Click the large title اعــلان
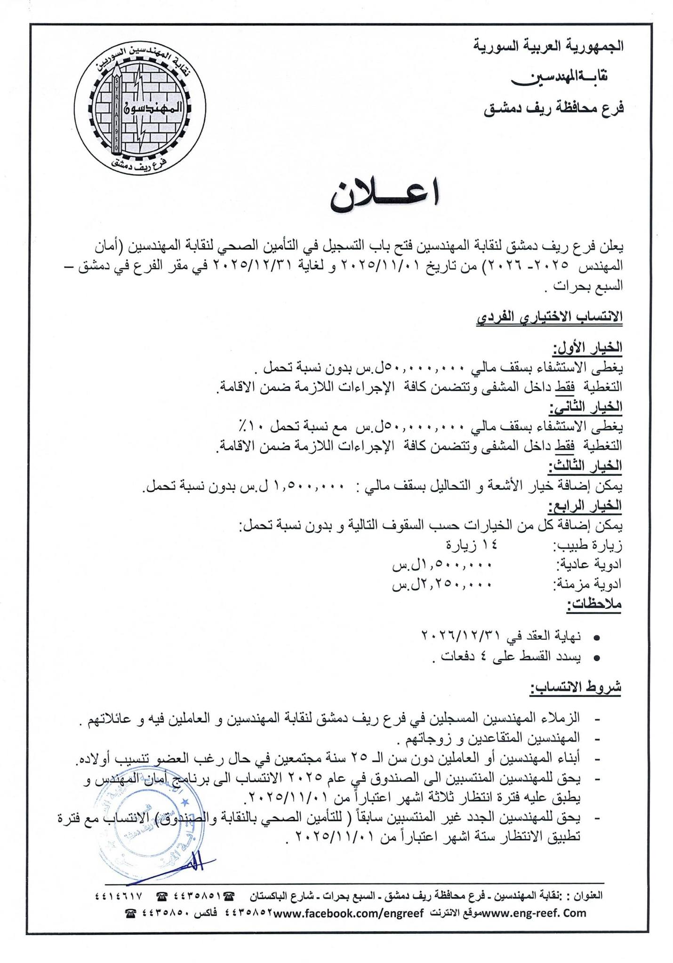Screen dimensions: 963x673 (385, 196)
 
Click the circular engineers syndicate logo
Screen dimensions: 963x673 (140, 108)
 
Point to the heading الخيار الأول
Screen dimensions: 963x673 (588, 347)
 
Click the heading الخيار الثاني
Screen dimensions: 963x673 (586, 407)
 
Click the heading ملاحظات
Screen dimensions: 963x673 (594, 604)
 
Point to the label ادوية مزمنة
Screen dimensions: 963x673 (588, 584)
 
